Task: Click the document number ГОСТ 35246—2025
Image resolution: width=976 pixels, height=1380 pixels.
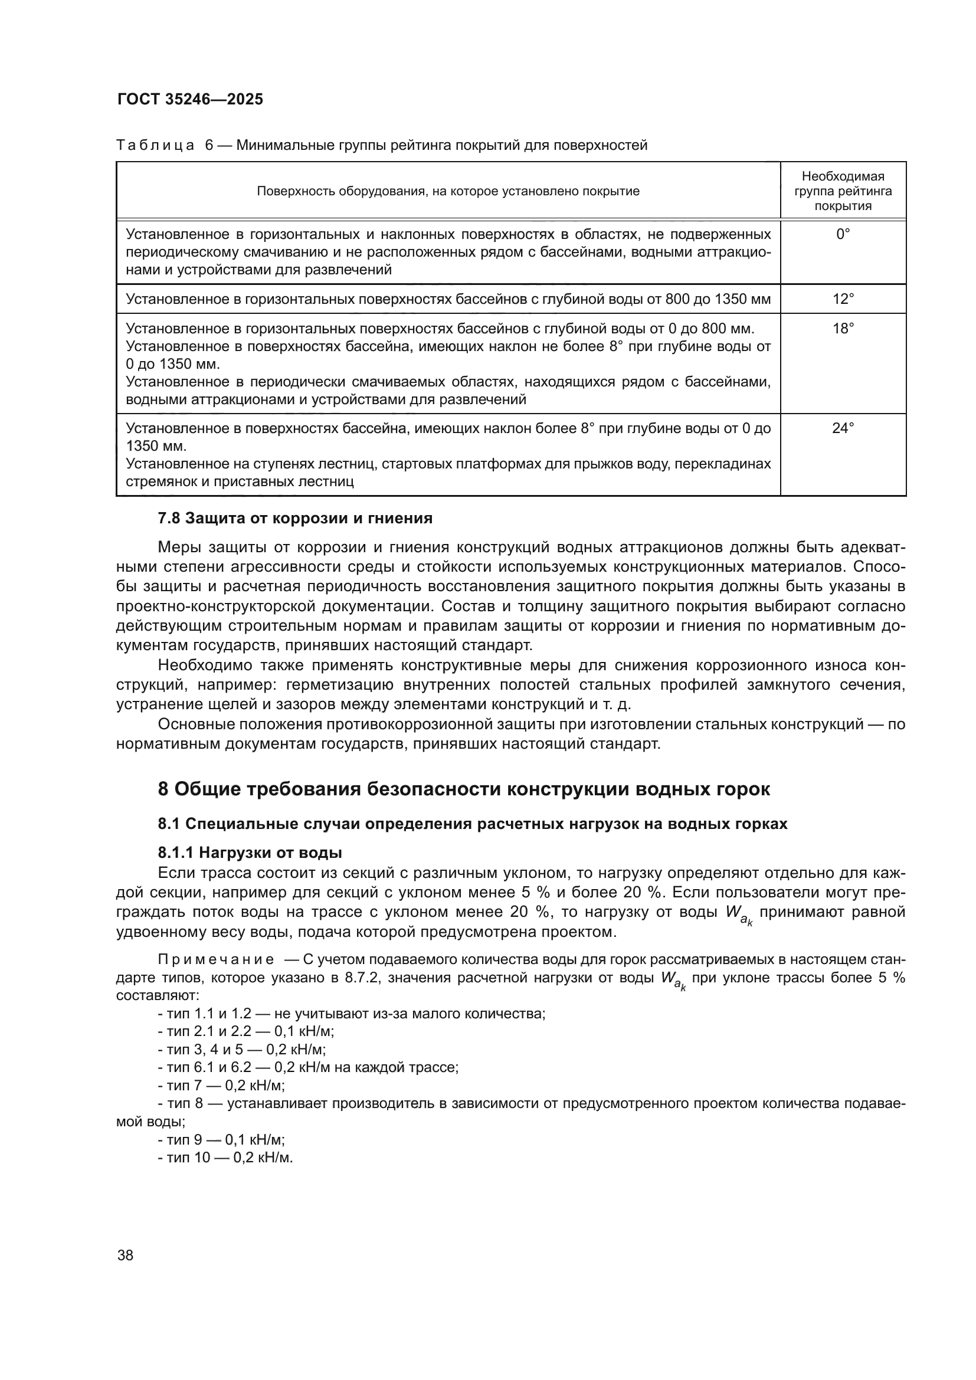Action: [x=190, y=100]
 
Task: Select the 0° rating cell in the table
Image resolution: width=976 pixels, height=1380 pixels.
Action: [x=843, y=234]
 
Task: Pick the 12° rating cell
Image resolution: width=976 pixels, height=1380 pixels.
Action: [x=843, y=299]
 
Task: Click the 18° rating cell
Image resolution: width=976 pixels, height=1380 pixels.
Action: [x=843, y=328]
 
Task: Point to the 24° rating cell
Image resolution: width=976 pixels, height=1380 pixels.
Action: [x=843, y=428]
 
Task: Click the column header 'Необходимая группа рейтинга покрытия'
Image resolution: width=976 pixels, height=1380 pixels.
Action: [x=843, y=191]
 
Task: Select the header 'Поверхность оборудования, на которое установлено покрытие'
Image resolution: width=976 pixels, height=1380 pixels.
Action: [x=448, y=191]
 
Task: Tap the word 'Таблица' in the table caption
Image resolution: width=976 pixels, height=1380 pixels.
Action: [x=155, y=145]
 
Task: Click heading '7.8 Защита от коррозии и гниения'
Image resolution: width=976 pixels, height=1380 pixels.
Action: [x=294, y=518]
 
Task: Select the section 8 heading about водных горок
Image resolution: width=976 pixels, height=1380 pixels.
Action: [x=463, y=789]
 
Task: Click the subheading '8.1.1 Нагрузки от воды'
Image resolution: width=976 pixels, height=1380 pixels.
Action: [x=250, y=853]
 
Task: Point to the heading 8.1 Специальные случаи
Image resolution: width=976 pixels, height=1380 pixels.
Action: [x=472, y=824]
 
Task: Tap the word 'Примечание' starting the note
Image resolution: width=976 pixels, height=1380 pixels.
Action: [x=216, y=959]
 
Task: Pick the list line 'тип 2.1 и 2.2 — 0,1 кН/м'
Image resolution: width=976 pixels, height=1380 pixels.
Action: [x=246, y=1031]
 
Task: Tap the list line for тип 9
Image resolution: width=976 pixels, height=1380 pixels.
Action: [x=221, y=1140]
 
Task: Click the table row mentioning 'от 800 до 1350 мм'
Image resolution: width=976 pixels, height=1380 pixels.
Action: [x=448, y=299]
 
